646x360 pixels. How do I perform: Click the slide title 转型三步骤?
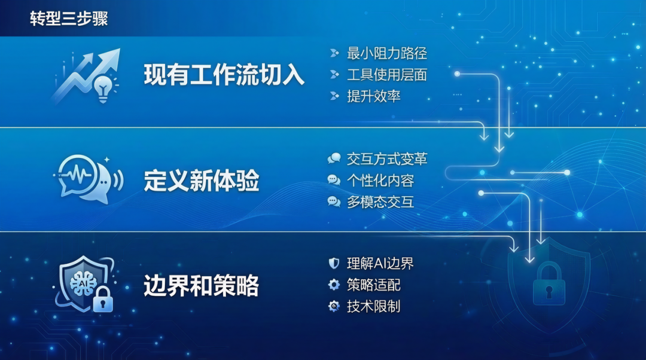[69, 19]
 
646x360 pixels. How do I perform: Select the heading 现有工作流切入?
[224, 75]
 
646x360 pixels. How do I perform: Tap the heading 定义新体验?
[202, 181]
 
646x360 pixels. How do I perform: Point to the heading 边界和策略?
[202, 285]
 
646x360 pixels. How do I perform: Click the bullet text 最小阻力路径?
[387, 53]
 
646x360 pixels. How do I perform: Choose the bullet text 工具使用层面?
[387, 75]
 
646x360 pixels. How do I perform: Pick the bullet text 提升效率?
[374, 96]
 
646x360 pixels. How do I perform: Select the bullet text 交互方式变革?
[387, 158]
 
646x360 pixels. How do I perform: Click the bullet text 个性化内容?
[380, 180]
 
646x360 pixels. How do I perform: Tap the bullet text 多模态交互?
[380, 202]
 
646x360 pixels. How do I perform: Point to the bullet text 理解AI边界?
[380, 263]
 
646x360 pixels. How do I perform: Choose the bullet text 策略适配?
[374, 285]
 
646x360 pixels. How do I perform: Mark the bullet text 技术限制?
[374, 306]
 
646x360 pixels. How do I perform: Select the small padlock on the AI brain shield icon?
[103, 299]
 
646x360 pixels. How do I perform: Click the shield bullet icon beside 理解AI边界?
[334, 263]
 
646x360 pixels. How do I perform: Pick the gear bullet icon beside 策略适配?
[334, 285]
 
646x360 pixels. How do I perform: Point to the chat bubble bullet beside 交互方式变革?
[334, 158]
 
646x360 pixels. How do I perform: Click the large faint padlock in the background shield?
[549, 284]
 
